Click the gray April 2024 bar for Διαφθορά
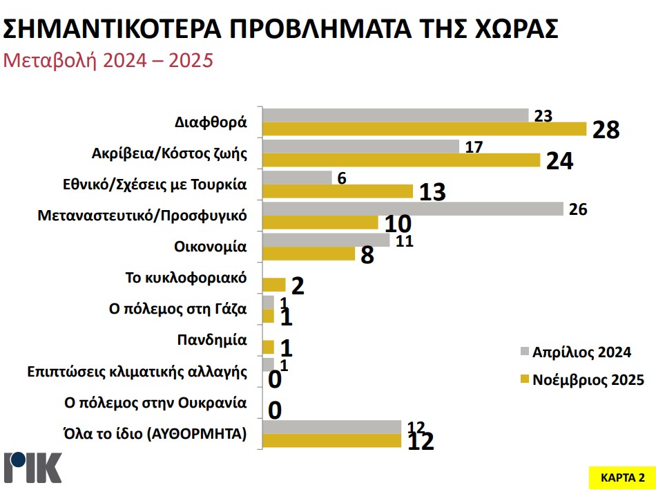pos(396,115)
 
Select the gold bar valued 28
pos(425,129)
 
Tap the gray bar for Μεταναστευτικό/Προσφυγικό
pos(414,208)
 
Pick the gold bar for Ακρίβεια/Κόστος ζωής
pos(402,160)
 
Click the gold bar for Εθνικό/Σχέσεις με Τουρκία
pos(338,191)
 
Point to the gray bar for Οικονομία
pos(327,239)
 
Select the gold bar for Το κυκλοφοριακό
pos(274,284)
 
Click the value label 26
pos(578,209)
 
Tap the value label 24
pos(560,161)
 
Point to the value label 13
pos(433,192)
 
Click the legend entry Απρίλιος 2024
pos(581,352)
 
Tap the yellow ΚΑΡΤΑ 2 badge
pos(618,477)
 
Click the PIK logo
pos(33,468)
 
